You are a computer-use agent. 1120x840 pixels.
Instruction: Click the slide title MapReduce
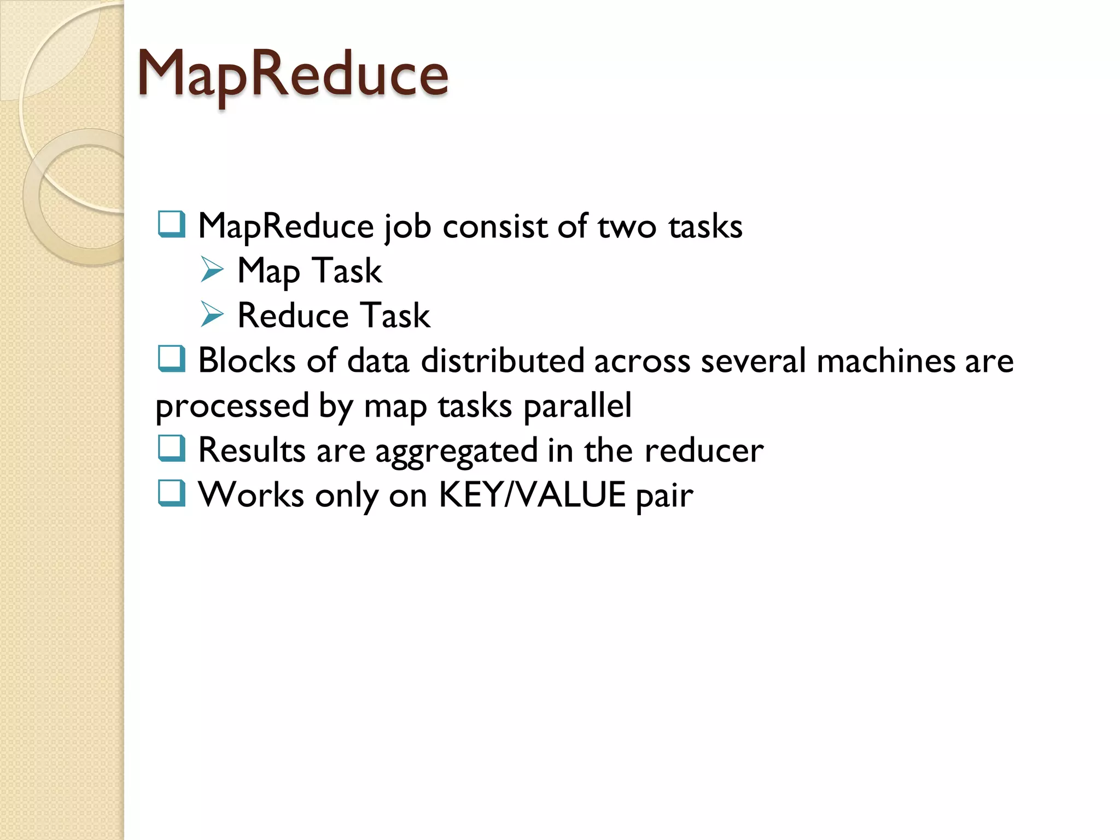point(293,74)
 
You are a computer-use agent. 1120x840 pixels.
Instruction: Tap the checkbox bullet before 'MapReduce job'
point(171,224)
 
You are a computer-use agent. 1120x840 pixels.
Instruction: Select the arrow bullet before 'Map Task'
point(212,270)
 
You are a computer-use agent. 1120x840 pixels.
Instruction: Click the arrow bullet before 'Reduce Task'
point(212,314)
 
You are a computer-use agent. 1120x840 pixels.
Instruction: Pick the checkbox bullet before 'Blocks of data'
point(171,359)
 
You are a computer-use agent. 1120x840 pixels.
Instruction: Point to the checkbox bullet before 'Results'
point(171,448)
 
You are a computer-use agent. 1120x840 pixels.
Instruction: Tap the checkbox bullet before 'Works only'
point(171,493)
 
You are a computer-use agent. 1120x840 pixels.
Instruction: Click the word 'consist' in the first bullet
point(495,226)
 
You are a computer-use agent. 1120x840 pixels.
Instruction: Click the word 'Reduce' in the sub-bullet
point(293,316)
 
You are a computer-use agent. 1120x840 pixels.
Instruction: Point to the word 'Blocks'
point(247,360)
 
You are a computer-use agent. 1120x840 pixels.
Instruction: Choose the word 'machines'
point(885,360)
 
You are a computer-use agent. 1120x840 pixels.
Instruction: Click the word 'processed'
point(232,406)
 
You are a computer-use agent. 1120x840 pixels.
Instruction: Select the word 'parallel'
point(577,405)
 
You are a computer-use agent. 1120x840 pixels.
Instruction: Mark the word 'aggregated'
point(457,451)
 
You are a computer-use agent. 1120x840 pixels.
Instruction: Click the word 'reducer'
point(704,450)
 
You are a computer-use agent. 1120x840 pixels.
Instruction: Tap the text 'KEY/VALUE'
point(532,495)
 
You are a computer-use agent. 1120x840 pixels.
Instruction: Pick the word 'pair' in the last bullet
point(665,496)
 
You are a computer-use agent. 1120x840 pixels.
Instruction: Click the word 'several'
point(754,360)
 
